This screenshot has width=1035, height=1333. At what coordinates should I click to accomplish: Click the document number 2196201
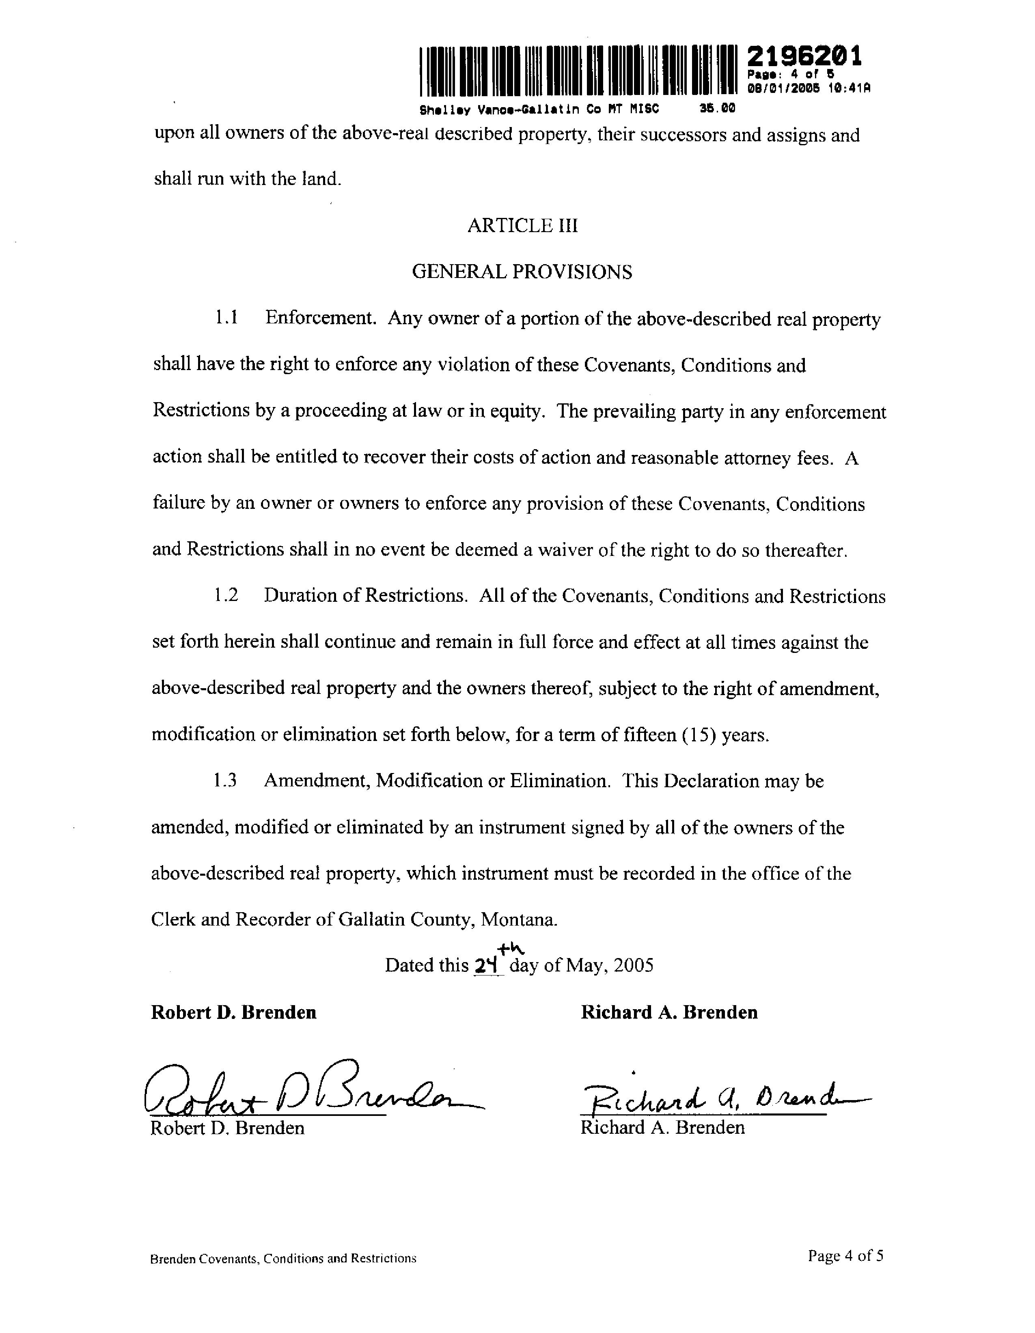coord(804,57)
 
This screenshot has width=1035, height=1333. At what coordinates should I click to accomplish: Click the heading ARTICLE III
coord(522,226)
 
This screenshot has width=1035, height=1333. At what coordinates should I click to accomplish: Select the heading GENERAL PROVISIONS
coord(522,271)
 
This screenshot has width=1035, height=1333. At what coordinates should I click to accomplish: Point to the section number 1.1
coord(226,318)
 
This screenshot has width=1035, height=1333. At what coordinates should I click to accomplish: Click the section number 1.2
coord(226,595)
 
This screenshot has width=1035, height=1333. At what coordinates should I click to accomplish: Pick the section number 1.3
coord(225,781)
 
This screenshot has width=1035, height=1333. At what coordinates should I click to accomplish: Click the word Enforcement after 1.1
coord(320,318)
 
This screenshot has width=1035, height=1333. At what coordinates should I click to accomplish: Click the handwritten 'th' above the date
coord(511,948)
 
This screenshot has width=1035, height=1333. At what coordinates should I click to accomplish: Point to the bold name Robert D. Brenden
coord(233,1012)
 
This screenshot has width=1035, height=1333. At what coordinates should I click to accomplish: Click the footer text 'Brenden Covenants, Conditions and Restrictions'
coord(283,1258)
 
